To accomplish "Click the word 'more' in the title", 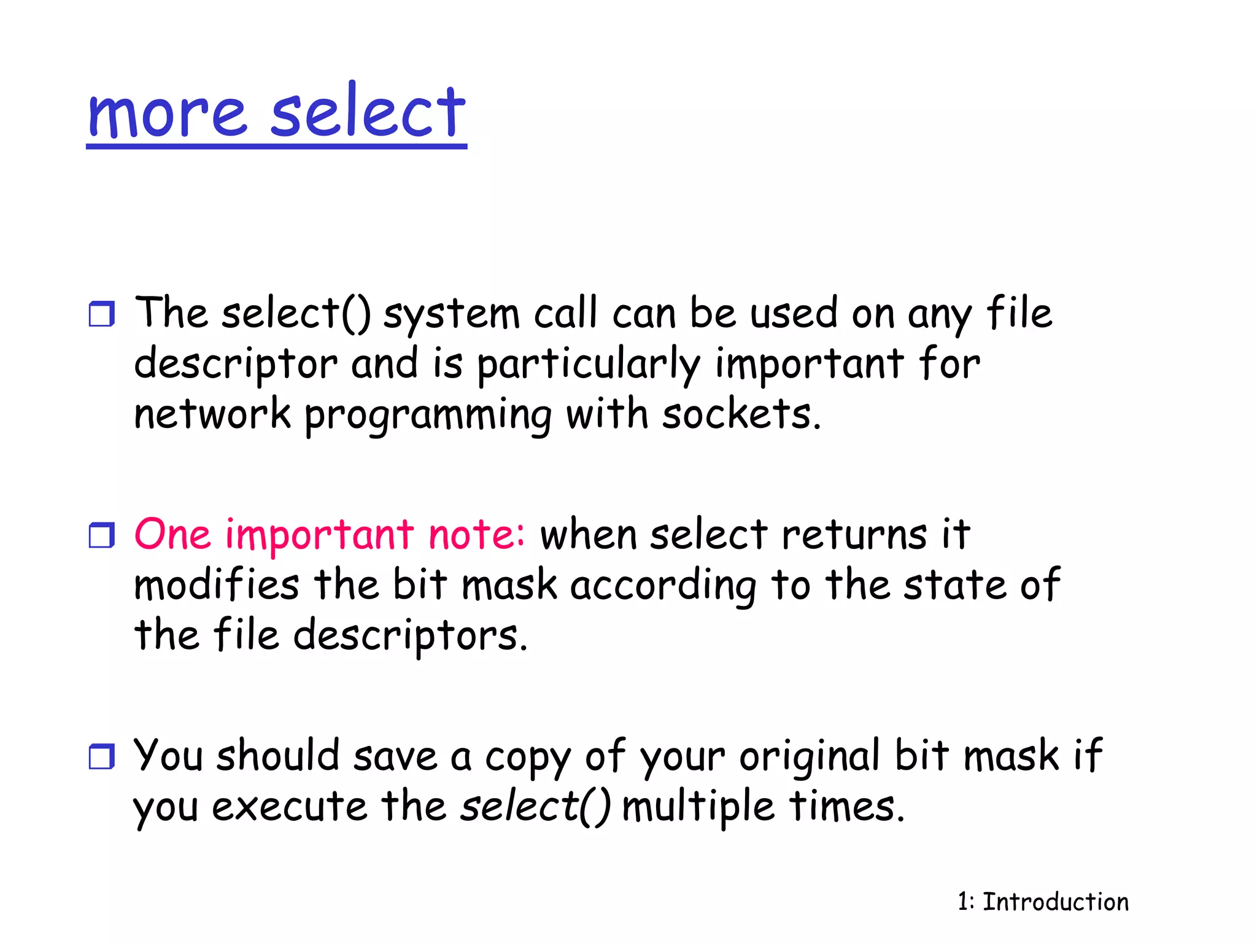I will point(167,114).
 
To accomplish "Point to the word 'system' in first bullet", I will point(451,314).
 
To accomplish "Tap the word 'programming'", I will point(428,416).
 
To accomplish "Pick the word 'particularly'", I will point(589,365).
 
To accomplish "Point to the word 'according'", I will point(663,586).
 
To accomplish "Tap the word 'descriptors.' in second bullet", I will point(410,636).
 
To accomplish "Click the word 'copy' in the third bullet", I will point(528,758).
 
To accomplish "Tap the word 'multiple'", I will point(698,807).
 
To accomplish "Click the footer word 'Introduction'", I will point(1056,902).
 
